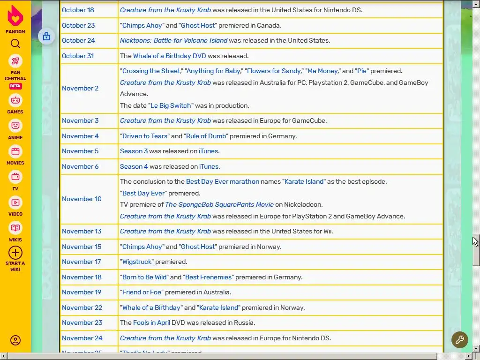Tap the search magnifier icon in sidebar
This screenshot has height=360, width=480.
[x=15, y=44]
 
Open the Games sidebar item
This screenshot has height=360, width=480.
[x=15, y=100]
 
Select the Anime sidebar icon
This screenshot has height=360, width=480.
[x=15, y=126]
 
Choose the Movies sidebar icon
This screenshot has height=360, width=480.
[x=15, y=151]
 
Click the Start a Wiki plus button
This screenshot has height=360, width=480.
[x=15, y=253]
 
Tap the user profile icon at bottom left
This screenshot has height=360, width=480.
[x=15, y=340]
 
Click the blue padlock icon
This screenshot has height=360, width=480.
[x=46, y=36]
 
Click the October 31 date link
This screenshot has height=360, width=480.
[x=78, y=56]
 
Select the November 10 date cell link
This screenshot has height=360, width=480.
[x=82, y=199]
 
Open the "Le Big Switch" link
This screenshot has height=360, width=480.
[x=171, y=105]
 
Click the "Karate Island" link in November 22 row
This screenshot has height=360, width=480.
[x=219, y=307]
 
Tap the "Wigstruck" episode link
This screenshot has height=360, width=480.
[x=137, y=262]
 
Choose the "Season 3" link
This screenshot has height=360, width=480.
[x=134, y=151]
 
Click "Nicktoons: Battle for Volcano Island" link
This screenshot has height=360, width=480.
[x=173, y=40]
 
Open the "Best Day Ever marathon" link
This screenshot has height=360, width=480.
[x=222, y=181]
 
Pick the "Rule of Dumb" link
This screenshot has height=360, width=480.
[x=206, y=136]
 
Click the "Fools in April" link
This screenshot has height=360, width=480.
[x=151, y=322]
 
